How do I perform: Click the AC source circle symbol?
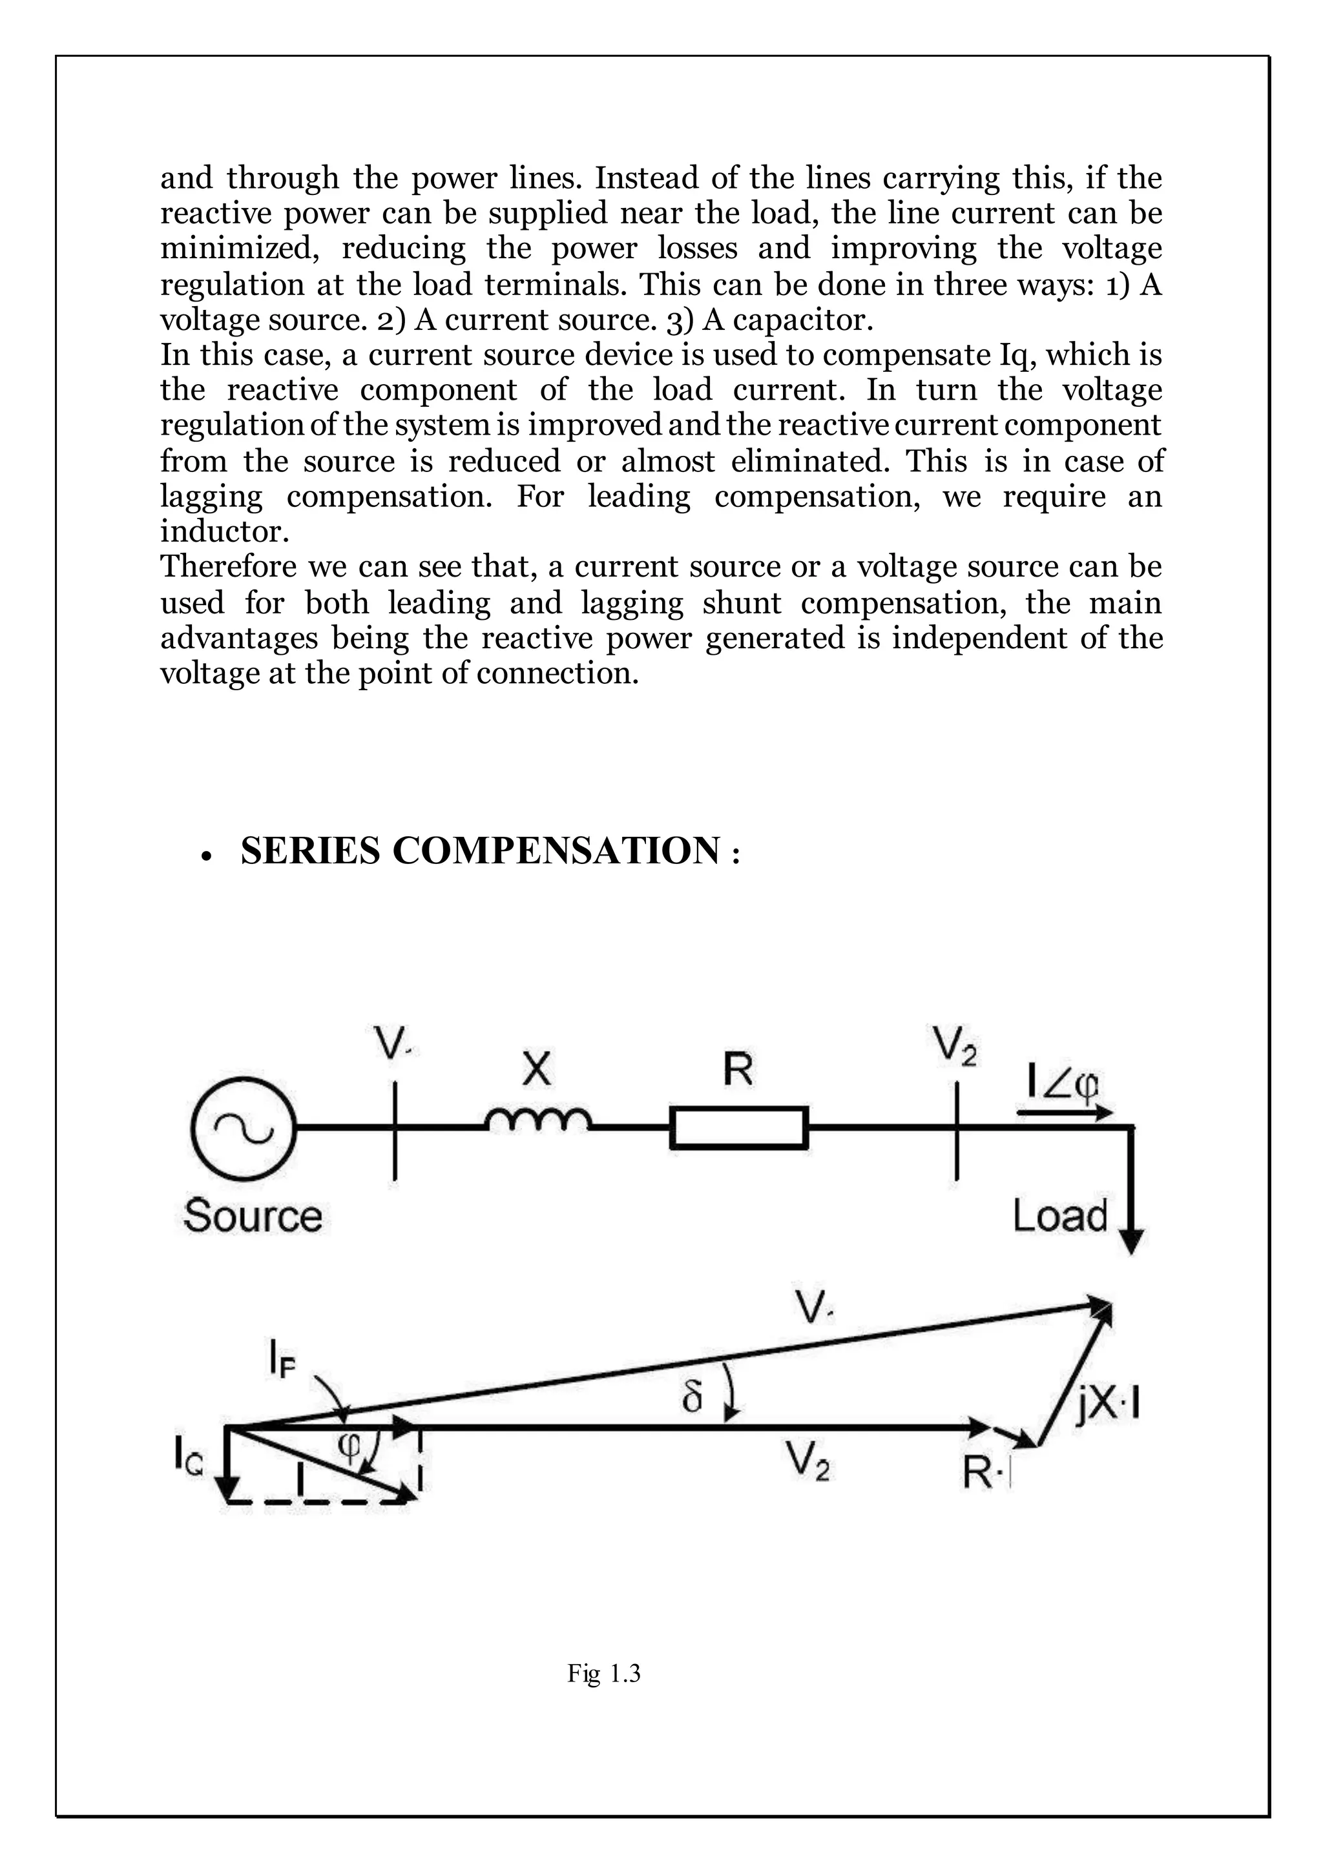tap(243, 1128)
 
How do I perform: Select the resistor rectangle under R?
tap(739, 1128)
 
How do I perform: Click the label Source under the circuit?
tap(253, 1216)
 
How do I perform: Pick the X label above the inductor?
tap(537, 1070)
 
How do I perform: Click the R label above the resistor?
tap(738, 1070)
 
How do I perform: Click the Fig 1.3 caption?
tap(603, 1674)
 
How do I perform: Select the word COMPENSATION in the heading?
tap(556, 851)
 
